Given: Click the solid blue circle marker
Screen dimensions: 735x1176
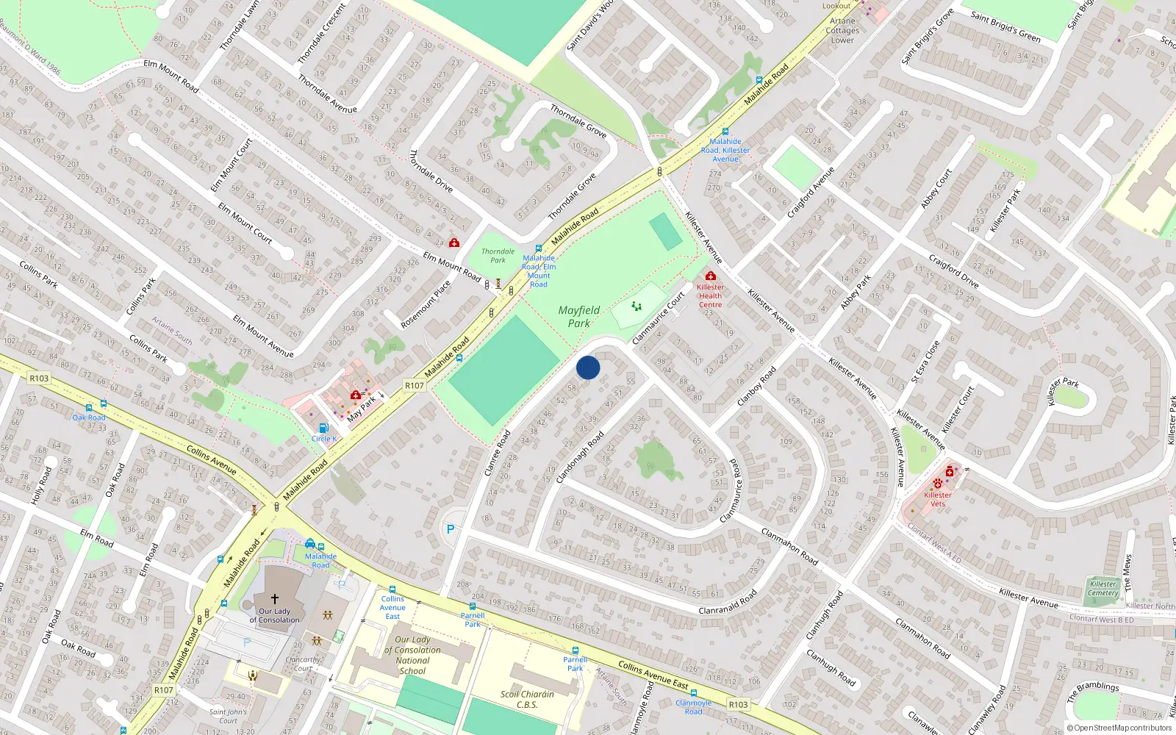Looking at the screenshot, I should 588,367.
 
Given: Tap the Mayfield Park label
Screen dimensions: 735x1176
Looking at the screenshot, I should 579,317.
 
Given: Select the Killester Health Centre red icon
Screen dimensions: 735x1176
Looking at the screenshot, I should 710,276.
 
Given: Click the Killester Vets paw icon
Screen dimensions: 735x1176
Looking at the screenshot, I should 938,483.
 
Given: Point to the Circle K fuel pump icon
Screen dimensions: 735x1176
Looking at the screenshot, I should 323,428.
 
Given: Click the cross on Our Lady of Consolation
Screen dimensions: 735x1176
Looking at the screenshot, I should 275,599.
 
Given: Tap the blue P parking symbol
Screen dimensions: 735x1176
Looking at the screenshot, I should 451,528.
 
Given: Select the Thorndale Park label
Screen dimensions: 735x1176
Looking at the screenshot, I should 498,256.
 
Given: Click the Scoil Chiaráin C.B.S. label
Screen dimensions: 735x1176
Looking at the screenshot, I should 527,699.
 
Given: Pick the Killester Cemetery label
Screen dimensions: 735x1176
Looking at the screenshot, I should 1103,588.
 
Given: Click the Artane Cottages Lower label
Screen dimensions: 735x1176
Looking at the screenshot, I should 842,31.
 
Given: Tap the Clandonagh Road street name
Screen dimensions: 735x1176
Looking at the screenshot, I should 580,457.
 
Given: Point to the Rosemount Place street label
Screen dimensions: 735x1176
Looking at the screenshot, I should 426,304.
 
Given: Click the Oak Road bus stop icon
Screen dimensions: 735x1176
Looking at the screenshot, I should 89,407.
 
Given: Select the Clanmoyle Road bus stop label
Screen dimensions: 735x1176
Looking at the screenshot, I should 693,707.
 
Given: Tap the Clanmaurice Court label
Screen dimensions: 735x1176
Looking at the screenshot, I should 659,318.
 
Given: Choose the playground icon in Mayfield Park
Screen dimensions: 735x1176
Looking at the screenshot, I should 637,306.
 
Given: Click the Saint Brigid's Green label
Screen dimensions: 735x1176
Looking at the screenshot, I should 1005,26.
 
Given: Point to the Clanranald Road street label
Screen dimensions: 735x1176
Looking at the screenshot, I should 728,602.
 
